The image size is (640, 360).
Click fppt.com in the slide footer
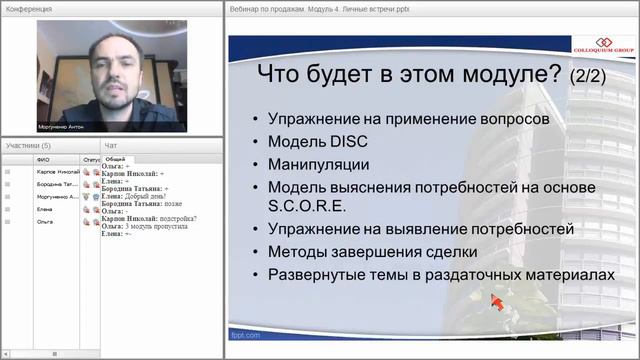coord(246,334)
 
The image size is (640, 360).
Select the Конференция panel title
coord(30,8)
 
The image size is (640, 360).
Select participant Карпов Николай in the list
coord(55,171)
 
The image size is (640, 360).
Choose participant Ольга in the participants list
coord(45,222)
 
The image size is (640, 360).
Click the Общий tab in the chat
coord(115,159)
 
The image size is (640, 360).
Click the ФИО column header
coord(43,159)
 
